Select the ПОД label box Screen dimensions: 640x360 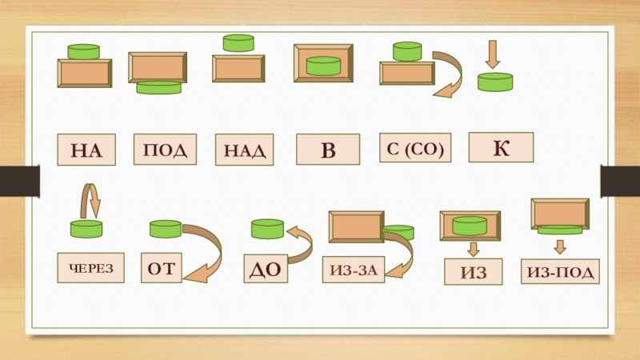[x=165, y=149]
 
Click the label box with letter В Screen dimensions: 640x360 [x=328, y=150]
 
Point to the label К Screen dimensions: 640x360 [x=500, y=146]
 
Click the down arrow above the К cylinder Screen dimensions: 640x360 [x=493, y=54]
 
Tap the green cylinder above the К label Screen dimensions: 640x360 [x=495, y=82]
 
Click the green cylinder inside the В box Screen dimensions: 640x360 [x=324, y=66]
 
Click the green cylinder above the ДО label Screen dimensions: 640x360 [x=267, y=230]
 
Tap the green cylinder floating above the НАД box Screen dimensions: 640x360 [x=238, y=43]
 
